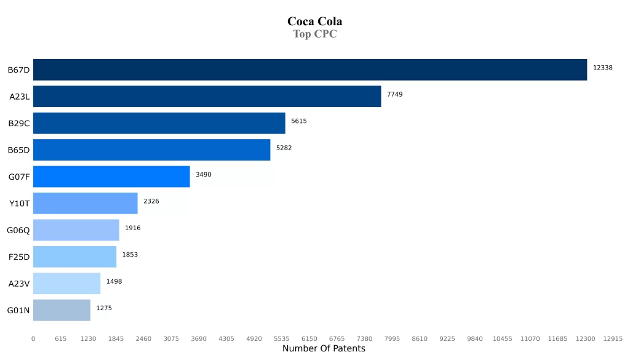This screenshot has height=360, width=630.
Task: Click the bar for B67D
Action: (310, 70)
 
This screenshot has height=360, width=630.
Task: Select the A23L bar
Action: (207, 97)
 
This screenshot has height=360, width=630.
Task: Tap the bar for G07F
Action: (111, 177)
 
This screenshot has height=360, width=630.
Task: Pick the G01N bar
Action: (62, 310)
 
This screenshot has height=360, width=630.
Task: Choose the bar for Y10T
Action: (85, 203)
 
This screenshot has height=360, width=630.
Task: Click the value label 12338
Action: (602, 68)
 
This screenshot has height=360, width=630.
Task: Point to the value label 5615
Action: (299, 121)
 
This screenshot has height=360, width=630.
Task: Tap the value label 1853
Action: (130, 255)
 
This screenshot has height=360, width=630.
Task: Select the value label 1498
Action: (114, 281)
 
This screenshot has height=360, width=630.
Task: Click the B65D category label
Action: (18, 150)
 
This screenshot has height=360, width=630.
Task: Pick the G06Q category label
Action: (18, 230)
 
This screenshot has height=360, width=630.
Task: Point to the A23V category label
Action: (19, 284)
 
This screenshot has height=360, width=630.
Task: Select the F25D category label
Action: (19, 257)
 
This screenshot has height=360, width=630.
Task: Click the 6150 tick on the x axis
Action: (309, 339)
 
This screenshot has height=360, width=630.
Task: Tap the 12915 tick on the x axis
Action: (613, 339)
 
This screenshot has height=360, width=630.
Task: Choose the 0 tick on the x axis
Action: (33, 339)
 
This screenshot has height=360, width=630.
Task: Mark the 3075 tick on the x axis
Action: (171, 339)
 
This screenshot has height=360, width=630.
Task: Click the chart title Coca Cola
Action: (314, 22)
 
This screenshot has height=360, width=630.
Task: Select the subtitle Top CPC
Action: (314, 34)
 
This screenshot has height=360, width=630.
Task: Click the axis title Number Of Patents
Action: (324, 349)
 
